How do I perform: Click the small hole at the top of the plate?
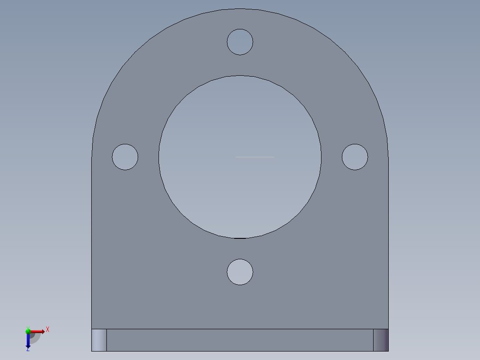(240, 42)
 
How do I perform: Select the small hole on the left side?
(125, 157)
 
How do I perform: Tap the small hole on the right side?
(355, 157)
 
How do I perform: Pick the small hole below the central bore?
(240, 272)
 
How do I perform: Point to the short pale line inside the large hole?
(255, 157)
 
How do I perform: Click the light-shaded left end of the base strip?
(99, 340)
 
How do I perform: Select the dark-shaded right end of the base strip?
(381, 340)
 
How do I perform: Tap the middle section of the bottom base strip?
(240, 340)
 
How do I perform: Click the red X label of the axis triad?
(48, 330)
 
